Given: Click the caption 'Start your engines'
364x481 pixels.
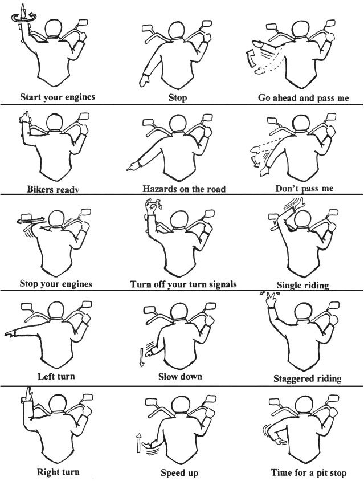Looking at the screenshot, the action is (x=58, y=97).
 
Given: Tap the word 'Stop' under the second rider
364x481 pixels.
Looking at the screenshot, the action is (x=178, y=98).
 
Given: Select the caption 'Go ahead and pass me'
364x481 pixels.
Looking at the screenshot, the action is (x=303, y=98).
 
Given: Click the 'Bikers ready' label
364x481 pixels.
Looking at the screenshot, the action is (x=53, y=189).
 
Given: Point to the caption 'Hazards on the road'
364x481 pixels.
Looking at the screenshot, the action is (x=184, y=189).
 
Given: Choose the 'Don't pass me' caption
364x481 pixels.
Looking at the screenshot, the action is (x=304, y=188).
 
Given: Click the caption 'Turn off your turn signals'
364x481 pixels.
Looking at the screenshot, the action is (x=183, y=284).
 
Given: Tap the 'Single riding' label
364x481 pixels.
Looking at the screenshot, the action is (x=302, y=286).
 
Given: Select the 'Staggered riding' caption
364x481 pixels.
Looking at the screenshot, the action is (x=307, y=378).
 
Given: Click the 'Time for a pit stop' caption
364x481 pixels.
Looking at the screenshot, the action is (x=309, y=472).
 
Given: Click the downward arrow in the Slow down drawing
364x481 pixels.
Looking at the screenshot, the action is (x=141, y=357).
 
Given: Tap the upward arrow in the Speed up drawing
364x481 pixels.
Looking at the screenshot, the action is (x=138, y=443).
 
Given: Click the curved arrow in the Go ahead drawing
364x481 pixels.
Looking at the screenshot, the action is (x=250, y=58).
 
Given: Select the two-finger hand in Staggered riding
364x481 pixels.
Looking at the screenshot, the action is (x=271, y=300).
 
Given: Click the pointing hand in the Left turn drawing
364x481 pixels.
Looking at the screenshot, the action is (x=10, y=334).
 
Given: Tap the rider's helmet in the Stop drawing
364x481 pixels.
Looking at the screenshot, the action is (x=177, y=30).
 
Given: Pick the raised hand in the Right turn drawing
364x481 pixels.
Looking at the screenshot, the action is (x=29, y=394).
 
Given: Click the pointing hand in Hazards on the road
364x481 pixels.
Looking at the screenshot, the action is (x=133, y=167).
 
